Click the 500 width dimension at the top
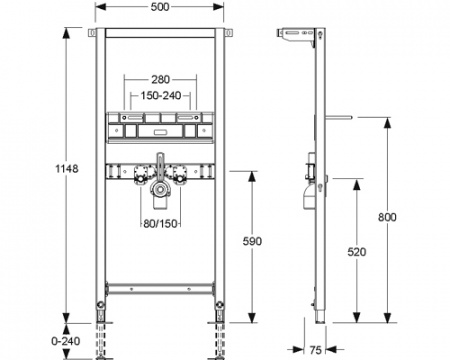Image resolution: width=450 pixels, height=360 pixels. tap(160, 7)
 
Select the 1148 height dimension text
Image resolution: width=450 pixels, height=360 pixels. tap(67, 169)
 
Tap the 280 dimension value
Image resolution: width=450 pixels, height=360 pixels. tap(161, 79)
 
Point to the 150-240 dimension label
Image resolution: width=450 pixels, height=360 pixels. tap(161, 96)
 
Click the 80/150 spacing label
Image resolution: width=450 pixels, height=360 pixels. tap(160, 224)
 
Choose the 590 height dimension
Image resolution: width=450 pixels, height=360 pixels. tap(252, 241)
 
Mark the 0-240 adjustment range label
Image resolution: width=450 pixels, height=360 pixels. tap(66, 341)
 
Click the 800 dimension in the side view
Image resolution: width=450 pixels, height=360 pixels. tap(387, 217)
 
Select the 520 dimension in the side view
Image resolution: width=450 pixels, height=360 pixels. tap(357, 252)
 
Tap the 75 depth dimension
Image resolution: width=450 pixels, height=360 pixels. tap(315, 350)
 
